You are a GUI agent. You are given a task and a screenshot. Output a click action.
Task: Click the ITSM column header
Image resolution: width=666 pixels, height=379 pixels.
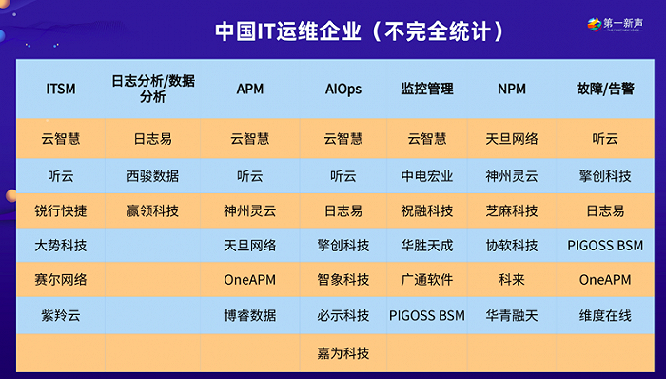(60, 89)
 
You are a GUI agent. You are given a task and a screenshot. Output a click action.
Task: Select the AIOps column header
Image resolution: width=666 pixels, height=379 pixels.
(343, 89)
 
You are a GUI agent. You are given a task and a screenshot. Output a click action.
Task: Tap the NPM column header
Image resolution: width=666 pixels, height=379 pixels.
(511, 89)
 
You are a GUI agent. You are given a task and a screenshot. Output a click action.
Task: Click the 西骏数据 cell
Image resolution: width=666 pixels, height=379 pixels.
(152, 176)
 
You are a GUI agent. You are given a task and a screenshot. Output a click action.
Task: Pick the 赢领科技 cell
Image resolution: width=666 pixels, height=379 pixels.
(152, 210)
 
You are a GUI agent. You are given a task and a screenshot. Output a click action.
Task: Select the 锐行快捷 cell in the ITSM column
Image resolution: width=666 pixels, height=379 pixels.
(61, 210)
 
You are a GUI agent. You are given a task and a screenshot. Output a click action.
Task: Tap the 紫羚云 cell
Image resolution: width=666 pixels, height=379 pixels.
(61, 314)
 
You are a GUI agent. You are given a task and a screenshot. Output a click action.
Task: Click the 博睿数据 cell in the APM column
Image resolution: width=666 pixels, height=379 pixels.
(249, 314)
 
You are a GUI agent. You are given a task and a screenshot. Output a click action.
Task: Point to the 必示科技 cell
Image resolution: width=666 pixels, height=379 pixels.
(343, 314)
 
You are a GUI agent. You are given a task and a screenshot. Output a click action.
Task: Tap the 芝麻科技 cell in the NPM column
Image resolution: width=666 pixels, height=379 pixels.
(511, 210)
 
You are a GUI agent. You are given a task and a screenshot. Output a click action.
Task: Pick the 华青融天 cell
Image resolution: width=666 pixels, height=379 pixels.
(511, 314)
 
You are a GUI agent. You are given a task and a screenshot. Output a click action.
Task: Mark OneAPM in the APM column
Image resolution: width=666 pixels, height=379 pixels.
(249, 280)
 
